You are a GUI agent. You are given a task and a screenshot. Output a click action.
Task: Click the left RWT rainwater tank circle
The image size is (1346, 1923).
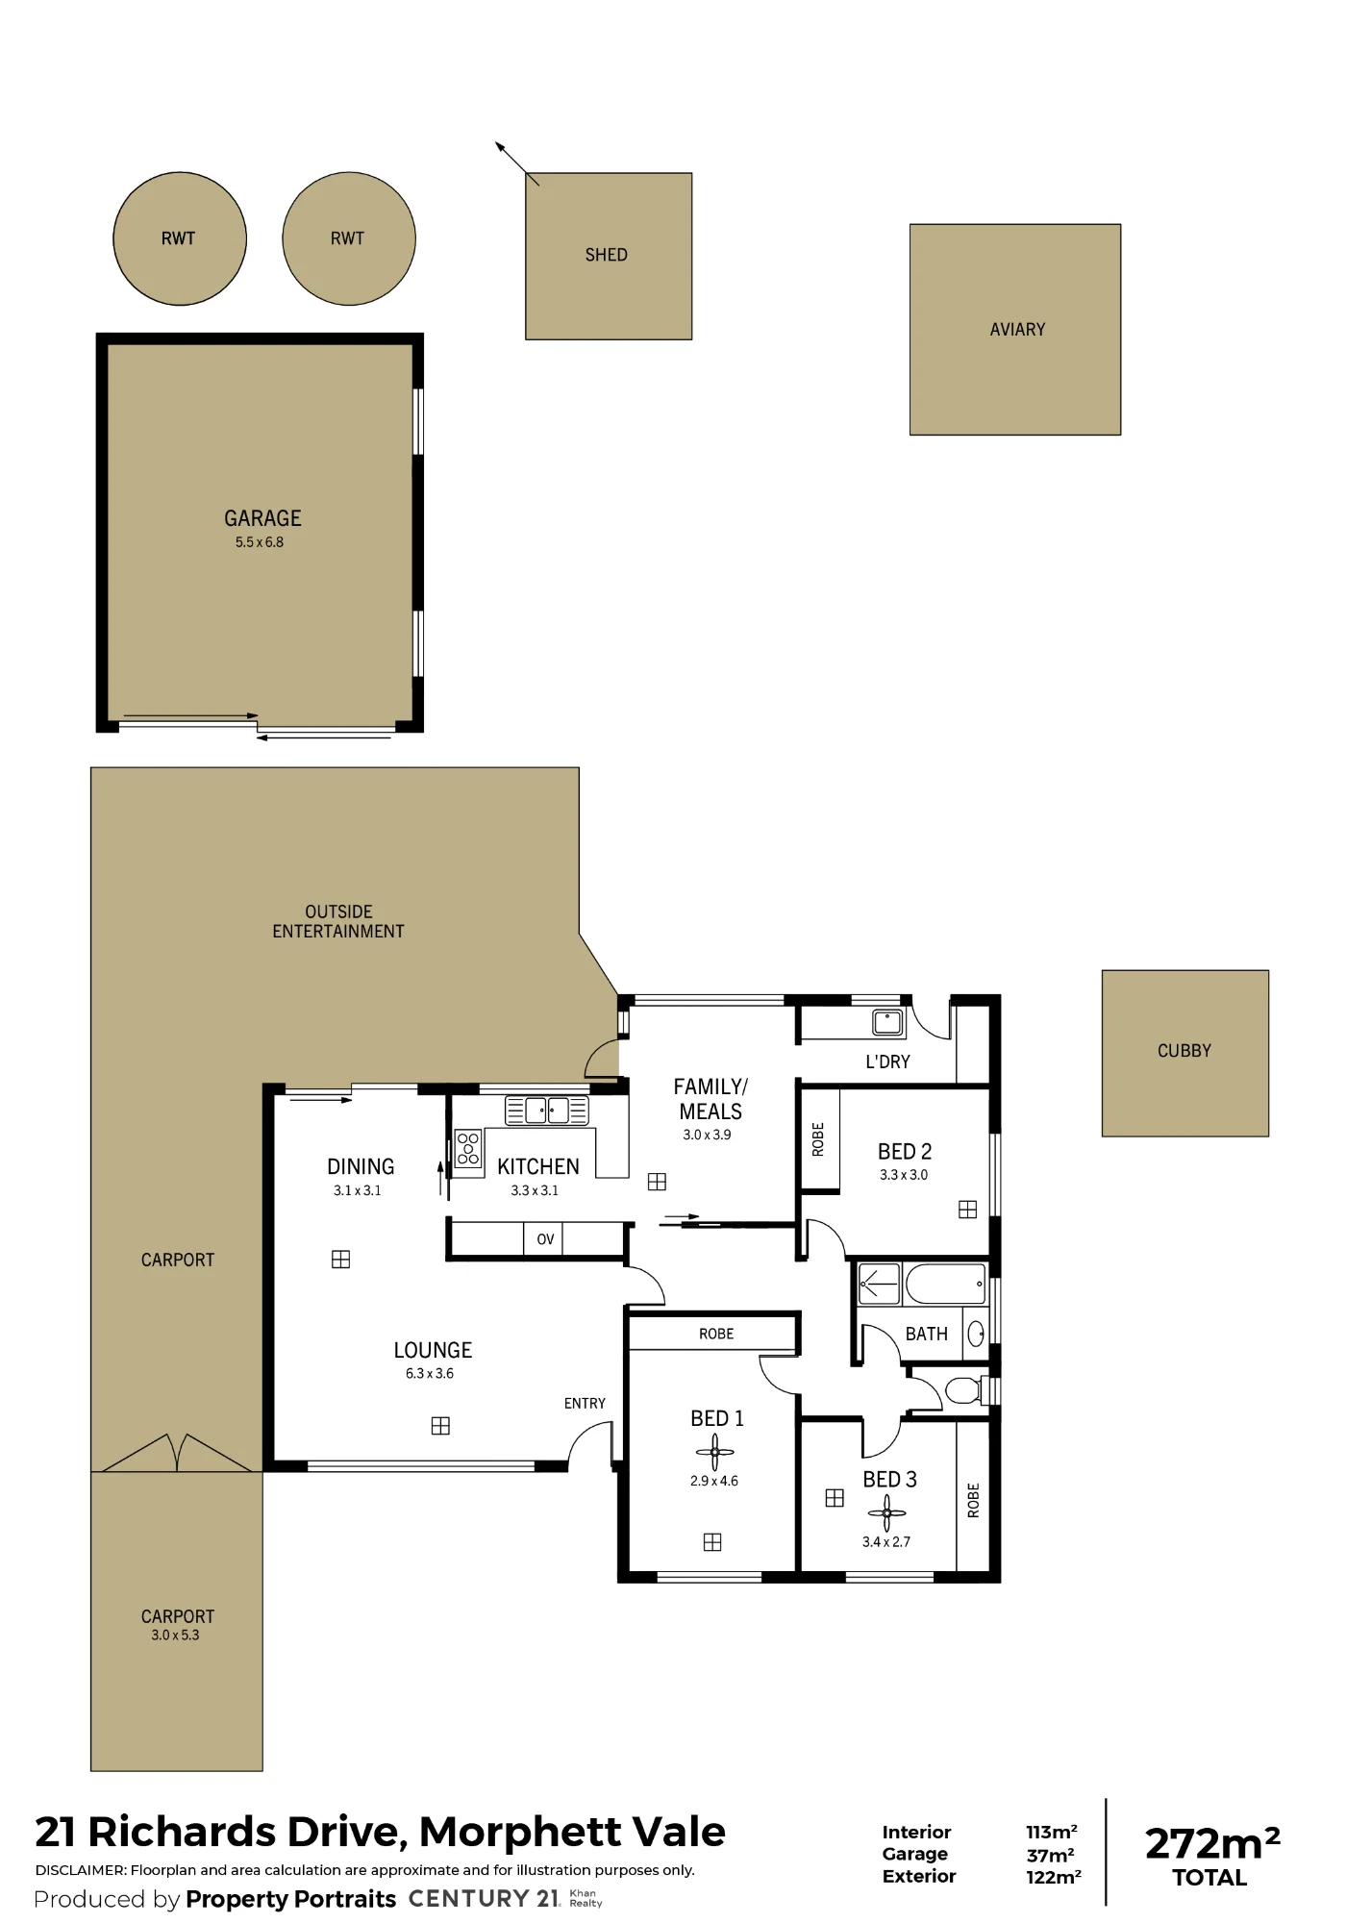(x=180, y=238)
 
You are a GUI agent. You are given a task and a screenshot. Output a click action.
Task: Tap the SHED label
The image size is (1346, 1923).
(x=606, y=255)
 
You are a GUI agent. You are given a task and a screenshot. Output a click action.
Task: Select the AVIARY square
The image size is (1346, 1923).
(x=1015, y=330)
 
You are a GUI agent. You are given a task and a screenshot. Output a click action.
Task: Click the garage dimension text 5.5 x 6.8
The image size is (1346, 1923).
(x=260, y=542)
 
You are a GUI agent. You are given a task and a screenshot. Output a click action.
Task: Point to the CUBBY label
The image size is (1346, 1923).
(x=1184, y=1051)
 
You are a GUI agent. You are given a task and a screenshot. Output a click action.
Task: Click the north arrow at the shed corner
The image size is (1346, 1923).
(x=516, y=162)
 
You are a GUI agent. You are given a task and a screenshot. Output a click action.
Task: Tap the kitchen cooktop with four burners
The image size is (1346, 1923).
(x=468, y=1148)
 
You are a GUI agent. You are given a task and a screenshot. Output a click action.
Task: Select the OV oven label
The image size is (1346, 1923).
(x=545, y=1239)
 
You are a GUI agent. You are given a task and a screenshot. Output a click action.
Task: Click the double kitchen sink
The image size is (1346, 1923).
(x=547, y=1111)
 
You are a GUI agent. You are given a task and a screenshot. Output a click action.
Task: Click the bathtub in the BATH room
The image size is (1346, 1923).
(x=945, y=1284)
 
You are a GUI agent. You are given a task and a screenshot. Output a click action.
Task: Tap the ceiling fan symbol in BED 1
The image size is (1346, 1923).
(x=714, y=1452)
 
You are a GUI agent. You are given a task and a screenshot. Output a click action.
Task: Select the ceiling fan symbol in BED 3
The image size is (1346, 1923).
(x=886, y=1513)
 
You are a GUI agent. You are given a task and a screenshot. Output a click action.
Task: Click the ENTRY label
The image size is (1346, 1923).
(x=585, y=1404)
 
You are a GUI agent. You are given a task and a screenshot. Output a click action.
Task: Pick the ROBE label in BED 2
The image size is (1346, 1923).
(x=818, y=1139)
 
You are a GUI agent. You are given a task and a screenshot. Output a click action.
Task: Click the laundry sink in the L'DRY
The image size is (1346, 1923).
(x=888, y=1021)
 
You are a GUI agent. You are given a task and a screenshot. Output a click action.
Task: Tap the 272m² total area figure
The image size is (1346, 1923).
(x=1212, y=1844)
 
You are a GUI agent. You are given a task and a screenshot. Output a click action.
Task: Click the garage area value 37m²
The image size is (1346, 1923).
(x=1050, y=1855)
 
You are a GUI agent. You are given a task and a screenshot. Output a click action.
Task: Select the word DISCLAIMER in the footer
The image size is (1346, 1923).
(x=81, y=1870)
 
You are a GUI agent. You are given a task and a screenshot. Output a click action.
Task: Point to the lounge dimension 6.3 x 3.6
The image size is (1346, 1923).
(x=430, y=1374)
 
